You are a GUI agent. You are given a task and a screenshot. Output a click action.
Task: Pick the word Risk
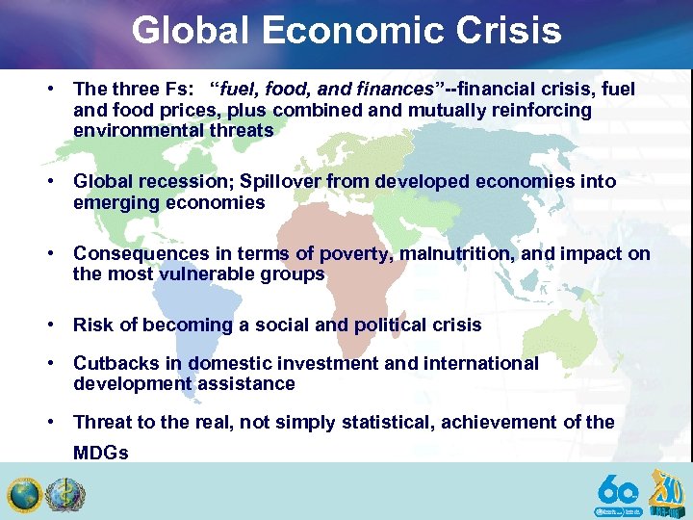tap(92, 325)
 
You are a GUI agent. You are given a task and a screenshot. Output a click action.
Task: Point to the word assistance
tap(252, 383)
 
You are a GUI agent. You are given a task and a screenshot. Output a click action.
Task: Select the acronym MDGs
tap(100, 453)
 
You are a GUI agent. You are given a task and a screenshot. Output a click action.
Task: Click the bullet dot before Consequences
tap(47, 253)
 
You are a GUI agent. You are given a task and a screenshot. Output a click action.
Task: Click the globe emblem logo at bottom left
tap(23, 495)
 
